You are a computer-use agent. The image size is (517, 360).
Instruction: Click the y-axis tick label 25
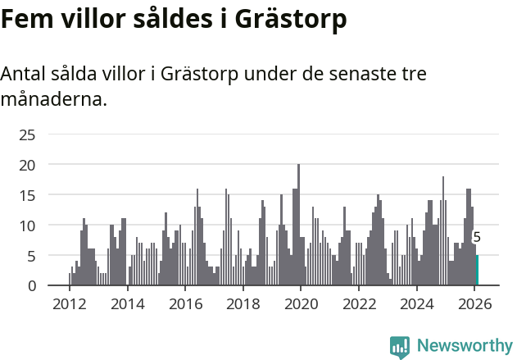(x=27, y=134)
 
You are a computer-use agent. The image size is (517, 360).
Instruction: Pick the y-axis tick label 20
(x=27, y=165)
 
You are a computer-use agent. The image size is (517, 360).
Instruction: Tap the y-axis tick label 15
(x=27, y=195)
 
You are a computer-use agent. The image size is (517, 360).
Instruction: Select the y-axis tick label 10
(x=27, y=226)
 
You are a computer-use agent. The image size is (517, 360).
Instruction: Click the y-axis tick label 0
(x=31, y=286)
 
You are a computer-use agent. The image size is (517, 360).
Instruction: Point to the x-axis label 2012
(x=69, y=303)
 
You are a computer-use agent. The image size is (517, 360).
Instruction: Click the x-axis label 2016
(x=185, y=303)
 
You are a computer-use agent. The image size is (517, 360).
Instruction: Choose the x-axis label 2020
(x=301, y=303)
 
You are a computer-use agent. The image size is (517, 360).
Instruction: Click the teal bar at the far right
(x=477, y=271)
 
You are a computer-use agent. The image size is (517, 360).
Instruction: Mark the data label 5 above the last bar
(x=477, y=238)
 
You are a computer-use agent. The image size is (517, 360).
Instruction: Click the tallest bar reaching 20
(x=298, y=226)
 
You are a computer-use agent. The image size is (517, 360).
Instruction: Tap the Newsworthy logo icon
(x=400, y=346)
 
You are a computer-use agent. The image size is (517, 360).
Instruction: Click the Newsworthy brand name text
(x=464, y=346)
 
